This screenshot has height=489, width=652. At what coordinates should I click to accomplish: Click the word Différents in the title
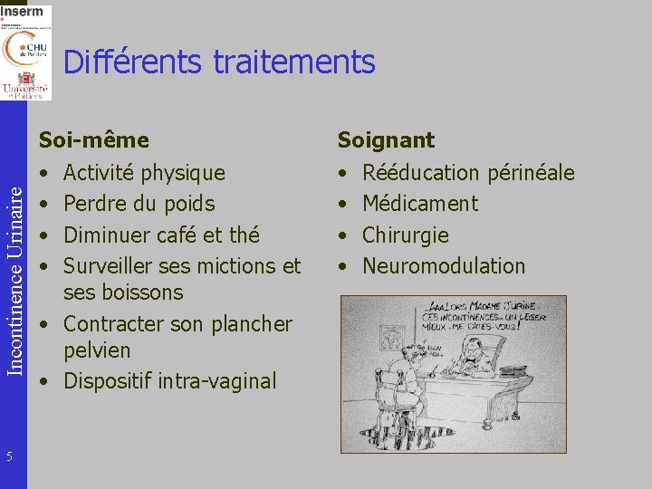coord(134,62)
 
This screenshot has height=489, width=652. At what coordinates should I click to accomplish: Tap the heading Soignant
coord(386,140)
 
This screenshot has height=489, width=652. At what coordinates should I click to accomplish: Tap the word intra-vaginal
coord(216,381)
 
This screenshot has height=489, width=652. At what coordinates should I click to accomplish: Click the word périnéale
coord(531,172)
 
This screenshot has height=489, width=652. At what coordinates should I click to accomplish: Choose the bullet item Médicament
coord(419,204)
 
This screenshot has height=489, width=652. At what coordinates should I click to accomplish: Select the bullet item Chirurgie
coord(405,235)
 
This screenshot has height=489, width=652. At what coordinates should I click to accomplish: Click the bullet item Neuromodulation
coord(443,266)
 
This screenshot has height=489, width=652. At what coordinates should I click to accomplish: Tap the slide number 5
coord(8,455)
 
